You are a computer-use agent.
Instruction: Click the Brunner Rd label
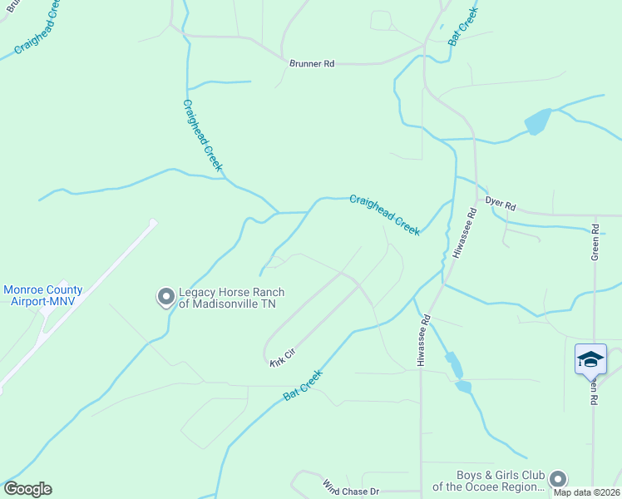[x=311, y=63]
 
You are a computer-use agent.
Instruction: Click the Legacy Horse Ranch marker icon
[x=165, y=296]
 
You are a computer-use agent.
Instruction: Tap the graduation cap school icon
[x=590, y=359]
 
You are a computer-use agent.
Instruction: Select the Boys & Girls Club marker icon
[x=558, y=479]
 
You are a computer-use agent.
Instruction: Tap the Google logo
[x=27, y=489]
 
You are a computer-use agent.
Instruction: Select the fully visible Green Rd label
[x=595, y=242]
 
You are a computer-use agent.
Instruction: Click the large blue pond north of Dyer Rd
[x=537, y=121]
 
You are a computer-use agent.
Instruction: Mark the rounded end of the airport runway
[x=153, y=222]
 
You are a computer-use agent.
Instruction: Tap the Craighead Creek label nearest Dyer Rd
[x=384, y=215]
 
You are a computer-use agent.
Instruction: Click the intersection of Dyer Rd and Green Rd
[x=595, y=214]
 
